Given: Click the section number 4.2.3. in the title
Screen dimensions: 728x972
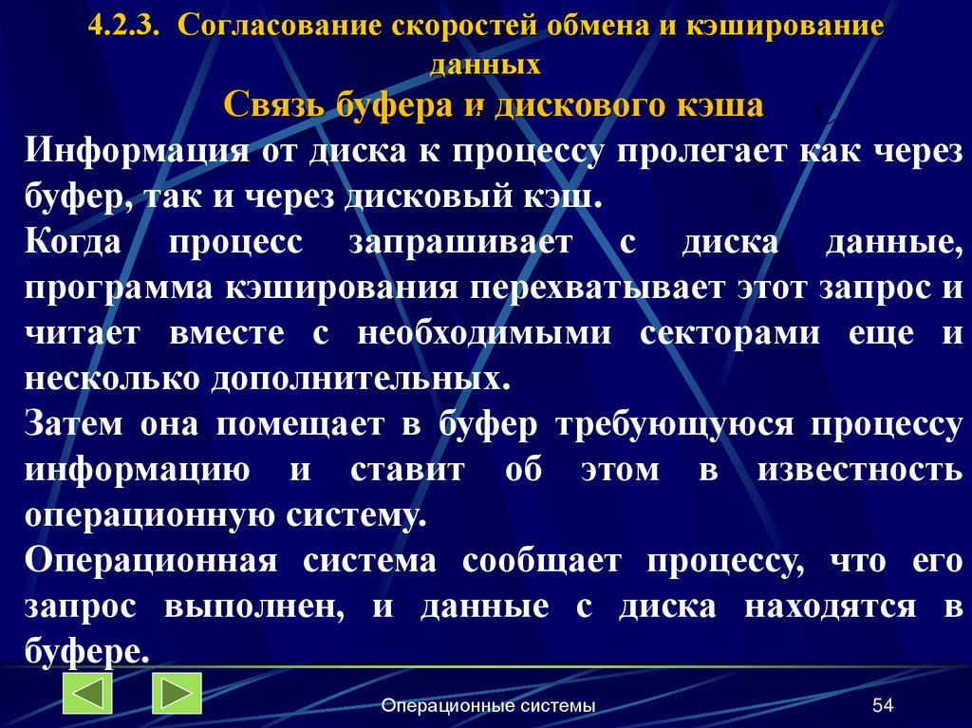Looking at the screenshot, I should [123, 28].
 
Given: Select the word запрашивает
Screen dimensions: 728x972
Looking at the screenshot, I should [461, 241].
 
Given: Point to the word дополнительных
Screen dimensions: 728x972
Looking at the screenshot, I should [367, 379].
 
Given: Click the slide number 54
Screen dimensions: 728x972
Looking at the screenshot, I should [883, 705].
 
